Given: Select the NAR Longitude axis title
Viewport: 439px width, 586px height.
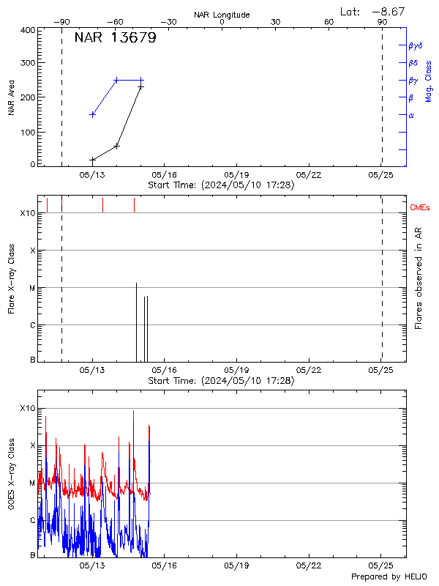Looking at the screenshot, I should [x=222, y=15].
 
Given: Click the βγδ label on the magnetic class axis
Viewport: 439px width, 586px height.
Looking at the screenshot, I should [x=415, y=45].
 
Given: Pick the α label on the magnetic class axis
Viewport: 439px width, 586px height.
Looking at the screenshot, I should [x=411, y=115].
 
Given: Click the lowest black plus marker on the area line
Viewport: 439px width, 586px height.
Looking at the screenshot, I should [x=92, y=160].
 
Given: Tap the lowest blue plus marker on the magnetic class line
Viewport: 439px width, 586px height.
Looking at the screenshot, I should [x=92, y=114].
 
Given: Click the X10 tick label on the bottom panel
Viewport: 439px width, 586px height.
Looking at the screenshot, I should [x=28, y=408].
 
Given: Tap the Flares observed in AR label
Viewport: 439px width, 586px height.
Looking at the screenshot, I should [x=419, y=277].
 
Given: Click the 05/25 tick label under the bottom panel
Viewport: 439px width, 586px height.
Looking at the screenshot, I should [x=380, y=566].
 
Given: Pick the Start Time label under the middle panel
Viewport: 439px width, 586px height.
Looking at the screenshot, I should [x=221, y=381].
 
